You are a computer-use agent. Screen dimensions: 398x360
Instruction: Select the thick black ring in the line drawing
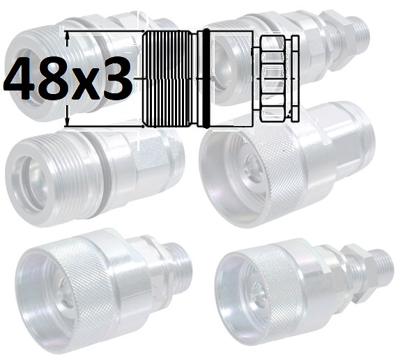point(206,78)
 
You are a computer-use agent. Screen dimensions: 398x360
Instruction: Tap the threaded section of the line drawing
point(167,79)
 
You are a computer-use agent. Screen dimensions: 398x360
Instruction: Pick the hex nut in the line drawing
point(273,79)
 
